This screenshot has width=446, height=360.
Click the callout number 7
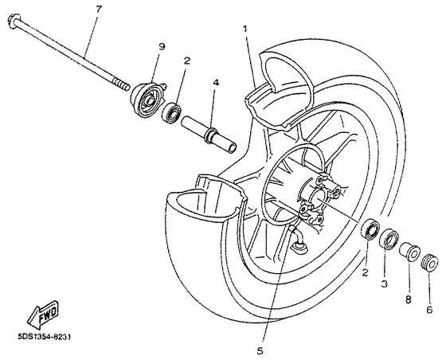pos(98,9)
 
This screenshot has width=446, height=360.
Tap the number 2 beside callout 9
pos(186,60)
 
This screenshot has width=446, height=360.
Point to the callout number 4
pos(216,82)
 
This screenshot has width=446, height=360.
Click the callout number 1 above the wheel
pos(245,29)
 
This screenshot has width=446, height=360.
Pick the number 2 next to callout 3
pos(366,272)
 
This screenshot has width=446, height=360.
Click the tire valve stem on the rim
pos(299,241)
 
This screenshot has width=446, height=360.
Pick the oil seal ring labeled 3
pos(389,238)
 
